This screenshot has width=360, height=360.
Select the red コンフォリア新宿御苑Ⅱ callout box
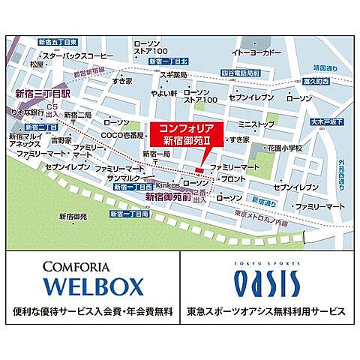(181, 131)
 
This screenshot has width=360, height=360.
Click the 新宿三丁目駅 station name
(42, 94)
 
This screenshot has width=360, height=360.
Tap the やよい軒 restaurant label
(163, 93)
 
